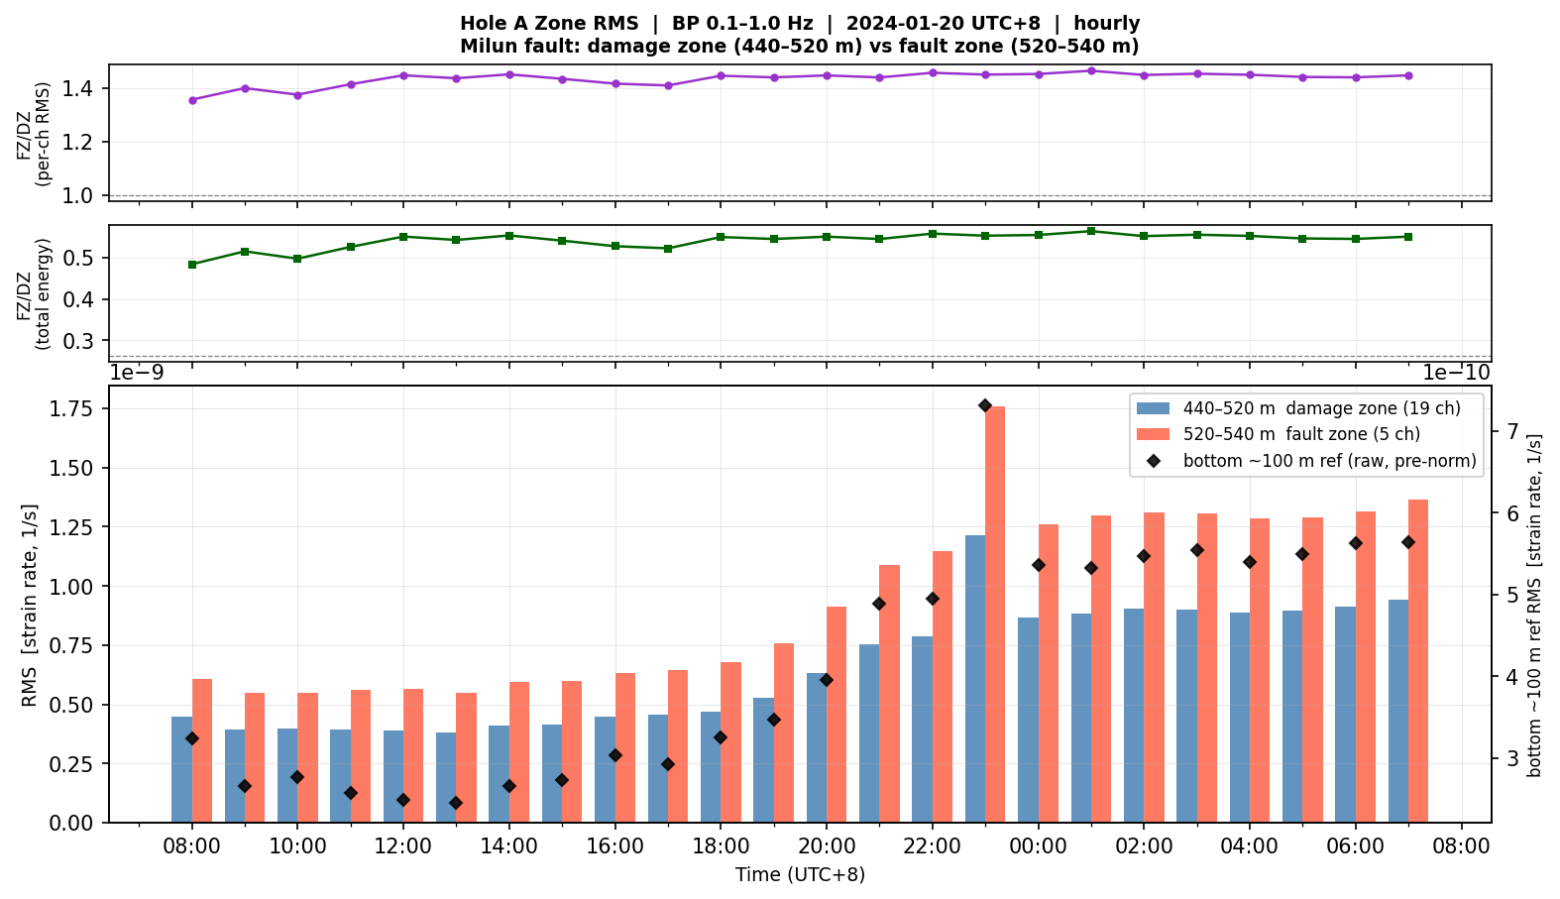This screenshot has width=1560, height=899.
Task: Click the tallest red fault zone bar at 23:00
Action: pyautogui.click(x=994, y=615)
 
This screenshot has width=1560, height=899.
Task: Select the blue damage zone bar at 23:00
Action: pyautogui.click(x=975, y=679)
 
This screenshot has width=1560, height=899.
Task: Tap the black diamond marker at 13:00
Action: pyautogui.click(x=456, y=803)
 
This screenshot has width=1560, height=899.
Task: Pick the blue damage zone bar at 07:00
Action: pyautogui.click(x=1398, y=711)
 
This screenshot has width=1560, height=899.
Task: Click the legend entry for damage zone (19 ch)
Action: pyautogui.click(x=1298, y=408)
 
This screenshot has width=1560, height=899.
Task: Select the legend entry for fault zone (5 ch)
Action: pyautogui.click(x=1278, y=434)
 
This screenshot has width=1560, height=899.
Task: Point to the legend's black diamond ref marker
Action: pyautogui.click(x=1154, y=461)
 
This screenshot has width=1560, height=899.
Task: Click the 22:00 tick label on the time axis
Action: pyautogui.click(x=933, y=846)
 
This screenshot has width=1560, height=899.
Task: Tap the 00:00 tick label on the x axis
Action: pyautogui.click(x=1039, y=846)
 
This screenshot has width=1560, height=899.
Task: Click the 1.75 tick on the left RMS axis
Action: pyautogui.click(x=71, y=408)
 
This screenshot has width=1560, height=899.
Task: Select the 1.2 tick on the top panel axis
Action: pyautogui.click(x=78, y=142)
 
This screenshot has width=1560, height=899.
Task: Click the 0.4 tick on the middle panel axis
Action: pyautogui.click(x=78, y=299)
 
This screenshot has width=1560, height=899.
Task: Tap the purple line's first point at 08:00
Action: pyautogui.click(x=192, y=100)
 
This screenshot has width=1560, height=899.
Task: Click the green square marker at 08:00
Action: pyautogui.click(x=192, y=265)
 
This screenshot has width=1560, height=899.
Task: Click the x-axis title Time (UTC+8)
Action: pyautogui.click(x=800, y=874)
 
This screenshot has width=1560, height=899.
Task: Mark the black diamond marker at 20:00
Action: pyautogui.click(x=826, y=680)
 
